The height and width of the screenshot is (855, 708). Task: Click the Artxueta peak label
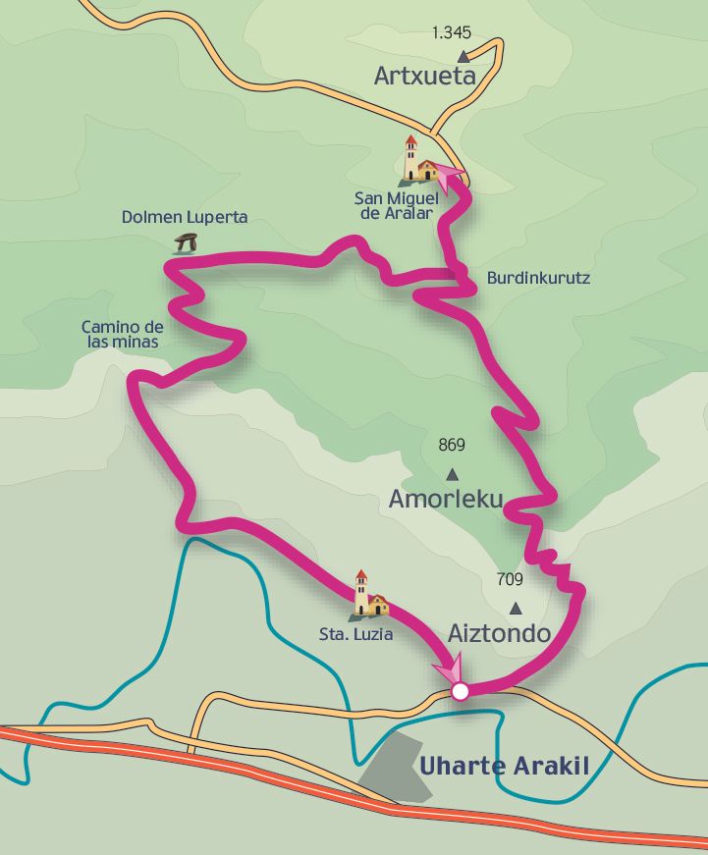click(x=424, y=77)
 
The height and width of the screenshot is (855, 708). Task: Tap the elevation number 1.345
click(x=452, y=32)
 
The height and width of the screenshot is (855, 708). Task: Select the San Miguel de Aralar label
click(x=396, y=205)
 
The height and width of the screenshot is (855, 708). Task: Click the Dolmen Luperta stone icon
click(x=185, y=243)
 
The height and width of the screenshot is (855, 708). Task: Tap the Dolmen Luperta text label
click(x=185, y=217)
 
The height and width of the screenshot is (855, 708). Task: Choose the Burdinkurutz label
click(x=538, y=278)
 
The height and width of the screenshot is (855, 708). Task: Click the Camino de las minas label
click(x=121, y=335)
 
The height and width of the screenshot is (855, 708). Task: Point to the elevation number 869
click(x=452, y=446)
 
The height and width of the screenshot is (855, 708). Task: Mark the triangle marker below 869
click(x=452, y=474)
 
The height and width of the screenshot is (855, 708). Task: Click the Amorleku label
click(x=446, y=500)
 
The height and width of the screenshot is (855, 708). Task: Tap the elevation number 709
click(x=510, y=579)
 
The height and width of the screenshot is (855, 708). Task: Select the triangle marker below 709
click(x=515, y=609)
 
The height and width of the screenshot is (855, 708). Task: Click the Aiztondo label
click(x=499, y=633)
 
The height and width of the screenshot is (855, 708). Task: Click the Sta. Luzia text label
click(x=355, y=634)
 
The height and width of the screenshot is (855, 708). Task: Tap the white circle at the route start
click(x=460, y=692)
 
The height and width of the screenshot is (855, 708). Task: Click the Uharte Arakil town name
click(x=505, y=767)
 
